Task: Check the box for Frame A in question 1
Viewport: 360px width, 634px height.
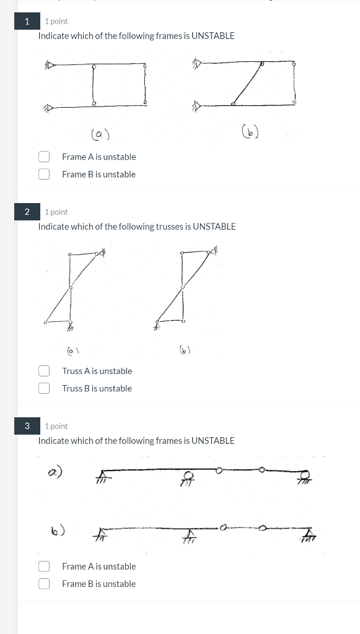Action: tap(44, 157)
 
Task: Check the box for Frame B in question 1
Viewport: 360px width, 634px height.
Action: tap(44, 174)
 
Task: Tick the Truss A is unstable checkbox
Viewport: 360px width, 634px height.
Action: tap(44, 371)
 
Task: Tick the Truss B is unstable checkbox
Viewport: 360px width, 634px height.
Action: tap(44, 388)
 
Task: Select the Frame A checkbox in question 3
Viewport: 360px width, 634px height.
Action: tap(44, 566)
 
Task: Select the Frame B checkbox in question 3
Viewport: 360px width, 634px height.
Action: tap(44, 583)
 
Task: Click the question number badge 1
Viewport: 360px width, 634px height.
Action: tap(27, 21)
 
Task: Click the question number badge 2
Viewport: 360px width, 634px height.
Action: tap(27, 212)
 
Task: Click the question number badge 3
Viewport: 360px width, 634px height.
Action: tap(27, 426)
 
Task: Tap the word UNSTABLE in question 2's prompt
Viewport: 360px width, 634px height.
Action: tap(214, 227)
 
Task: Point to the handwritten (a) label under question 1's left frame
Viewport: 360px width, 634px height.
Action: tap(100, 133)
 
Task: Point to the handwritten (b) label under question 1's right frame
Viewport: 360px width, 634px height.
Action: tap(251, 131)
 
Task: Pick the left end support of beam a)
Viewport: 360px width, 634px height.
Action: tap(102, 477)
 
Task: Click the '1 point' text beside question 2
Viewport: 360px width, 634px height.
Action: tap(56, 212)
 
